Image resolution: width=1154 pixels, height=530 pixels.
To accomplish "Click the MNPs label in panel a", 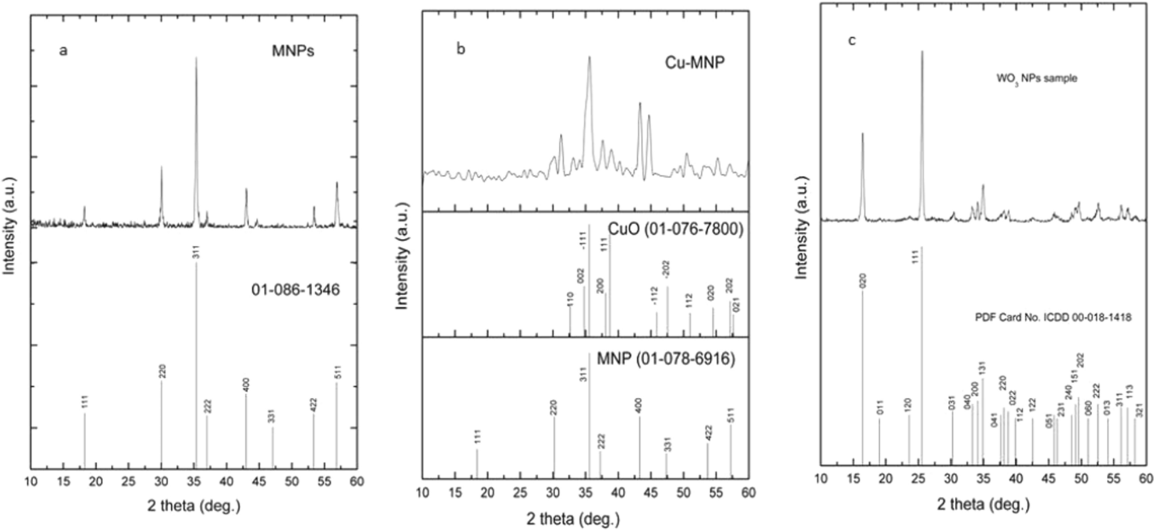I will (292, 51).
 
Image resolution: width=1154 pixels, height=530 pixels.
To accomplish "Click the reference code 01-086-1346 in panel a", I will (295, 289).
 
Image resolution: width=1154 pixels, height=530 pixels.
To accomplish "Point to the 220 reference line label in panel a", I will (163, 372).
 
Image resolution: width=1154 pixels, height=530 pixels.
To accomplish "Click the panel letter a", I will (63, 51).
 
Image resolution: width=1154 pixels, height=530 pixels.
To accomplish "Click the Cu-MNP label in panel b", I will (695, 62).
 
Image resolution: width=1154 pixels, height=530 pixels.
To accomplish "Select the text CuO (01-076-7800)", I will (675, 230).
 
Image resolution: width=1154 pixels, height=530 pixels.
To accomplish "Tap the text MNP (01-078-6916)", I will (666, 359).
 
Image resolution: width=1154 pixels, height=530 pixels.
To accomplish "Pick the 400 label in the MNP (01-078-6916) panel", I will (639, 405).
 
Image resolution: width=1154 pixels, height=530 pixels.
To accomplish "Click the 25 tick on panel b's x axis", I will (520, 493).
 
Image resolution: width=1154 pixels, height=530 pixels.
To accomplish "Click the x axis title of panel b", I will (573, 518).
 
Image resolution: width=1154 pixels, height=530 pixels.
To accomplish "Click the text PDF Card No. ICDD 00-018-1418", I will (1053, 318).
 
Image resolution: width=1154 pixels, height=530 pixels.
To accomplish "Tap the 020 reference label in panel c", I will (863, 281).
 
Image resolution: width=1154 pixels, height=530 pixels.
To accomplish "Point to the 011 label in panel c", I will (880, 408).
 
